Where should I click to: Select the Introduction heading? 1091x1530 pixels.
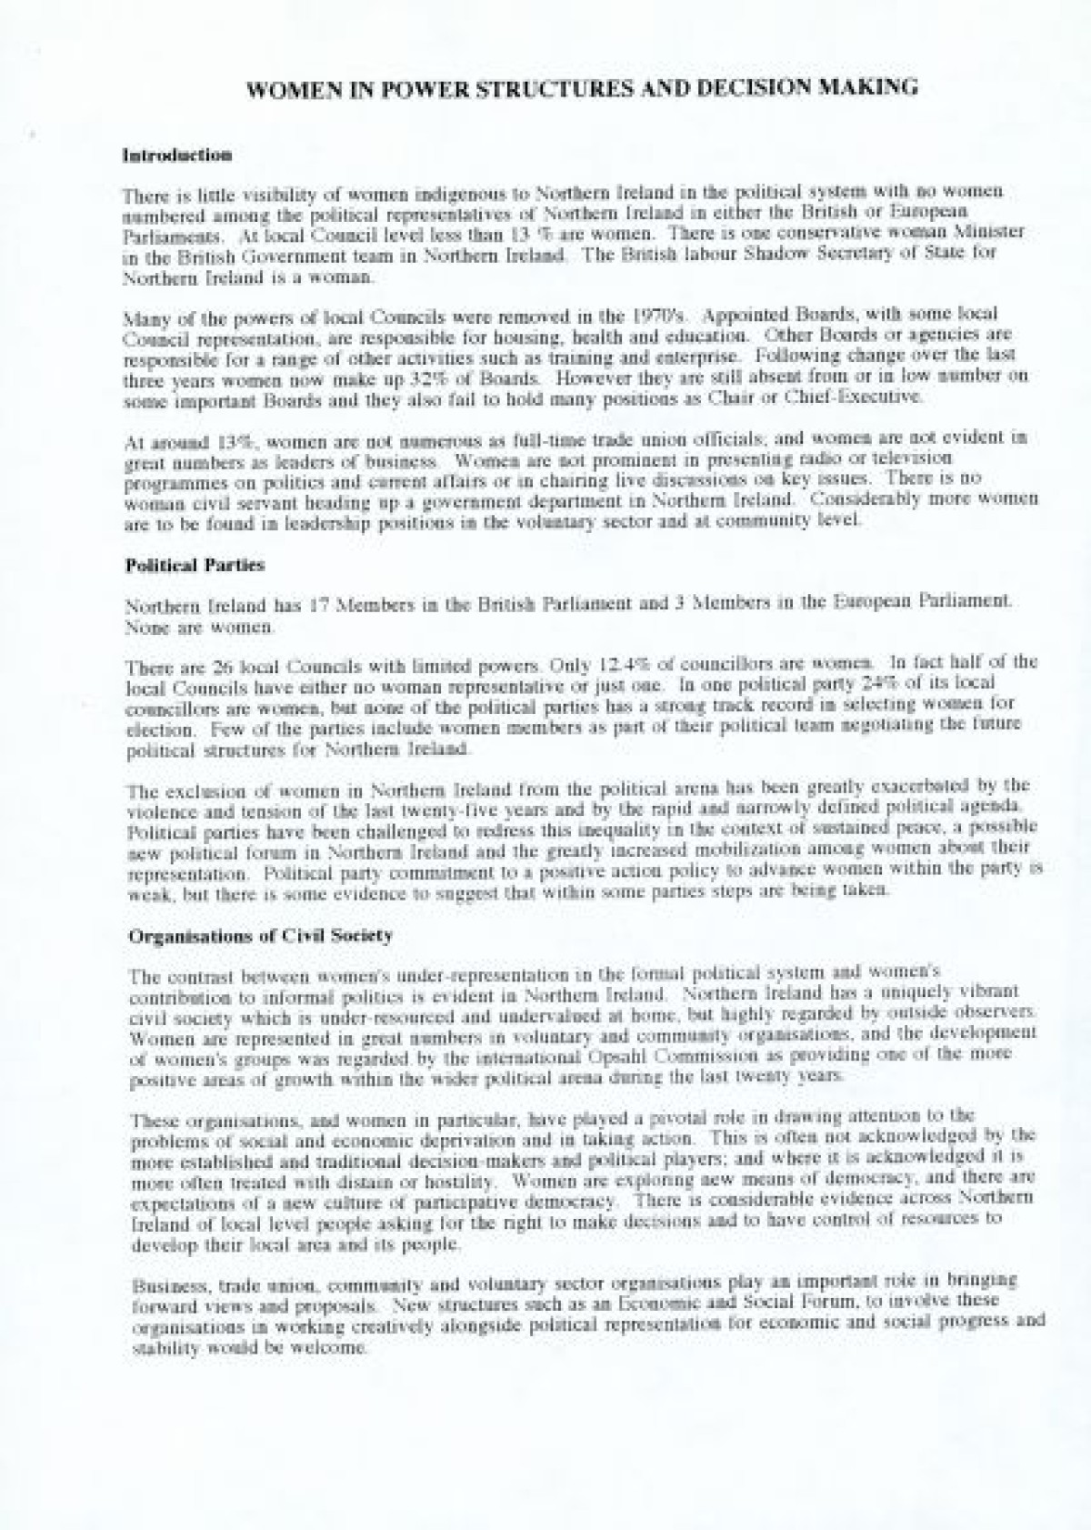[x=177, y=156]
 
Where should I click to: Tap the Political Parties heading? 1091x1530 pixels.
[x=194, y=565]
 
